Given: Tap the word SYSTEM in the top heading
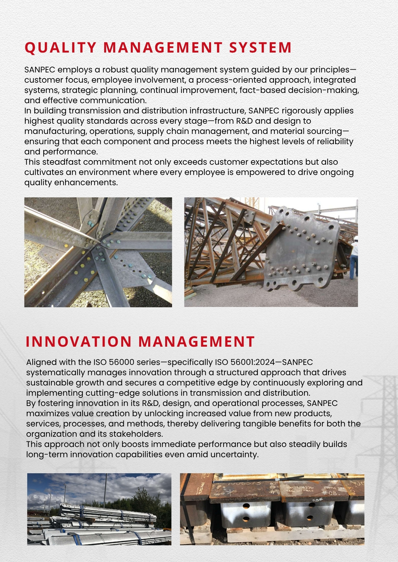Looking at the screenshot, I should (260, 47).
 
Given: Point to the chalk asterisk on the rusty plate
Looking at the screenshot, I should (231, 492).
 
